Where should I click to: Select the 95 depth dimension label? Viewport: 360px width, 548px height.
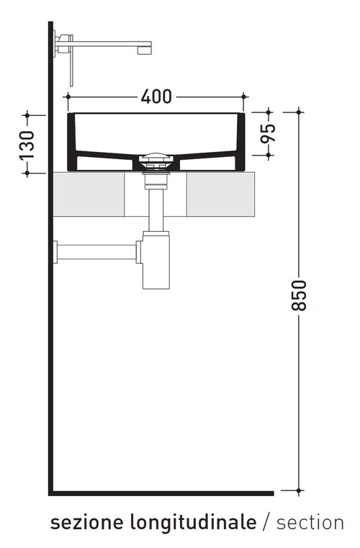pyautogui.click(x=268, y=134)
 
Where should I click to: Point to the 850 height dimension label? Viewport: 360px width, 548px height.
pyautogui.click(x=300, y=295)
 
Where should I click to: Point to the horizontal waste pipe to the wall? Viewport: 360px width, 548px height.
pyautogui.click(x=97, y=252)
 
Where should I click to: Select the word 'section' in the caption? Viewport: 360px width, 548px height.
pyautogui.click(x=310, y=523)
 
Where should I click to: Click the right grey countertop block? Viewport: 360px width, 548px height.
pyautogui.click(x=222, y=194)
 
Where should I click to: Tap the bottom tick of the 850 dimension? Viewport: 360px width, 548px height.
pyautogui.click(x=300, y=492)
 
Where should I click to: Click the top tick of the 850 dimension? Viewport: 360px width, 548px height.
pyautogui.click(x=300, y=112)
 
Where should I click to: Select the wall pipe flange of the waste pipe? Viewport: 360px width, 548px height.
pyautogui.click(x=55, y=252)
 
